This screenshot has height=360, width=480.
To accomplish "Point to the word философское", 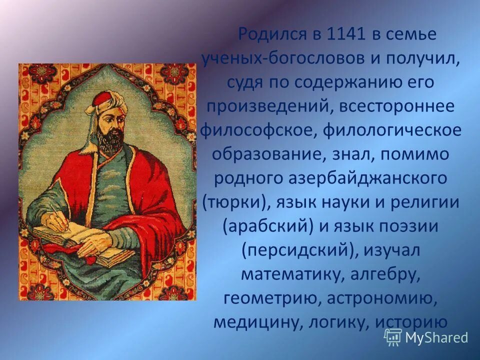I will pyautogui.click(x=258, y=130).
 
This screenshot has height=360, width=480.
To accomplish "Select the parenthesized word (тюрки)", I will pyautogui.click(x=233, y=202).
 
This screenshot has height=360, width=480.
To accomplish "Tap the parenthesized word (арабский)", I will pyautogui.click(x=267, y=226).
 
